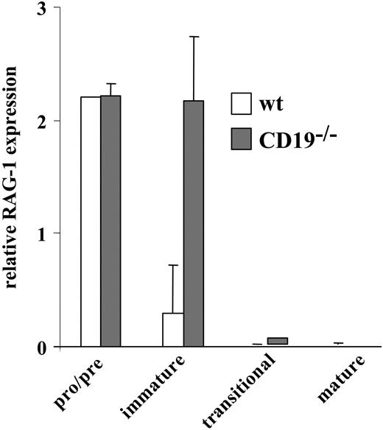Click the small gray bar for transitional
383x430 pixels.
[278, 341]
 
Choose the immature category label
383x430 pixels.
[158, 387]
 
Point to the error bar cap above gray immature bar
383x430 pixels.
[193, 37]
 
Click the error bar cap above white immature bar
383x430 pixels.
[172, 266]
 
